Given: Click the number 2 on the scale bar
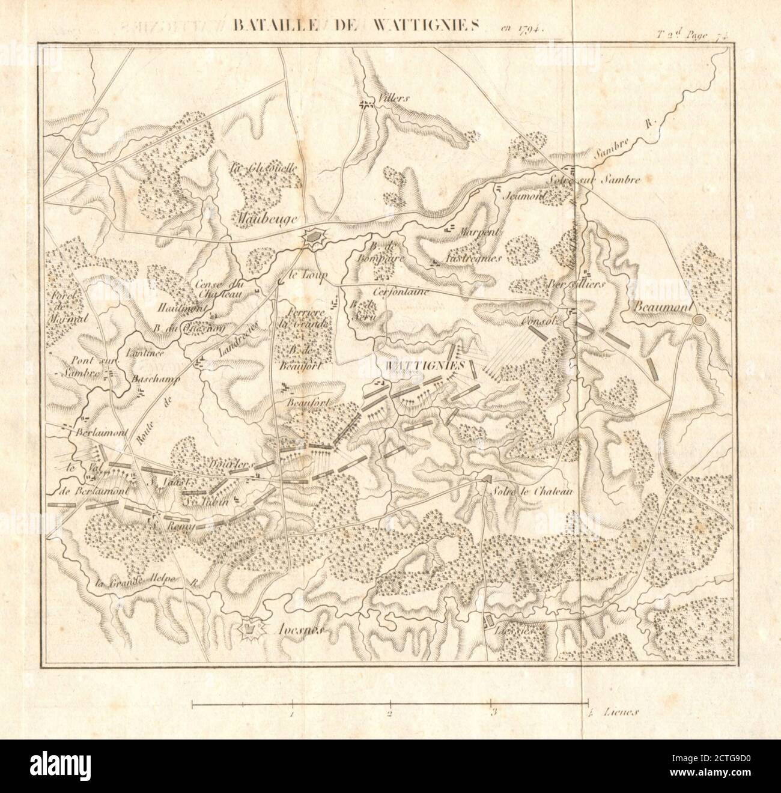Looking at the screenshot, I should click(390, 714).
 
